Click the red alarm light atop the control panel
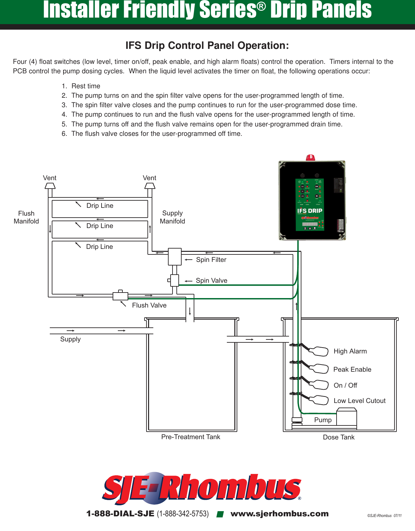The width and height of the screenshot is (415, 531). click(x=310, y=158)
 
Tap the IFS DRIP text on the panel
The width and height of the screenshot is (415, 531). click(x=310, y=211)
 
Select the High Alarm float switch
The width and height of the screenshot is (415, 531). click(x=319, y=352)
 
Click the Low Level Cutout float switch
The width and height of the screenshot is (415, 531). click(x=319, y=400)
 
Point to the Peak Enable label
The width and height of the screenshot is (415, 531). click(x=352, y=369)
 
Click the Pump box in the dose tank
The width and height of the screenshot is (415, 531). click(x=346, y=418)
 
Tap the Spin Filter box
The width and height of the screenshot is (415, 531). click(x=174, y=257)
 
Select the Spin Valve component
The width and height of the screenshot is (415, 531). click(x=174, y=280)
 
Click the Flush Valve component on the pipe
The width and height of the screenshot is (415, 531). click(x=120, y=296)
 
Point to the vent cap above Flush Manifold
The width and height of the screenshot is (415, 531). click(x=50, y=186)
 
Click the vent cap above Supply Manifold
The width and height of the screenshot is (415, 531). click(x=150, y=186)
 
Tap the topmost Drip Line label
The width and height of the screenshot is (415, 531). click(x=100, y=206)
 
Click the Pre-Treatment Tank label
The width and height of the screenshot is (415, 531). click(x=191, y=437)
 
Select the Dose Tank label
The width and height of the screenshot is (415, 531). click(x=339, y=437)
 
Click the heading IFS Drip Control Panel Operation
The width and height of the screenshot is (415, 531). click(x=207, y=46)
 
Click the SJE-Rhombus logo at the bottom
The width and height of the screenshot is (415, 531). click(x=202, y=488)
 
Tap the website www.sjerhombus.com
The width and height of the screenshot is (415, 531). click(x=279, y=514)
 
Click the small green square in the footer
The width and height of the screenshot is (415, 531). click(x=220, y=514)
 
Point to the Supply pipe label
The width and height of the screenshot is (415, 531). click(x=70, y=339)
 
